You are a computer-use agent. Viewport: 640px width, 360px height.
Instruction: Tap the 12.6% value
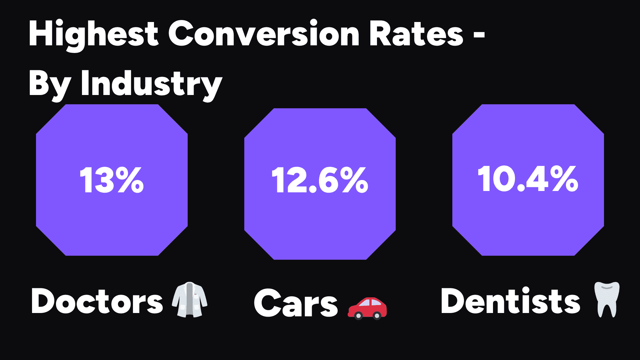pyautogui.click(x=320, y=181)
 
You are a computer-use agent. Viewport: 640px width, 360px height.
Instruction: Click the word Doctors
pyautogui.click(x=97, y=301)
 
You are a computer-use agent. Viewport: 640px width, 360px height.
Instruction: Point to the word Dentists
pyautogui.click(x=510, y=301)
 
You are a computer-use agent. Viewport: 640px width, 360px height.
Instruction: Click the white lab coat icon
pyautogui.click(x=189, y=299)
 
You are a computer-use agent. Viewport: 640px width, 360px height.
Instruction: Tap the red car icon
pyautogui.click(x=367, y=308)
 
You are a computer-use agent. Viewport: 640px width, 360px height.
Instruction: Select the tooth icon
pyautogui.click(x=607, y=299)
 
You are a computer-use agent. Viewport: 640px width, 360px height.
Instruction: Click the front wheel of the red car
pyautogui.click(x=358, y=315)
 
